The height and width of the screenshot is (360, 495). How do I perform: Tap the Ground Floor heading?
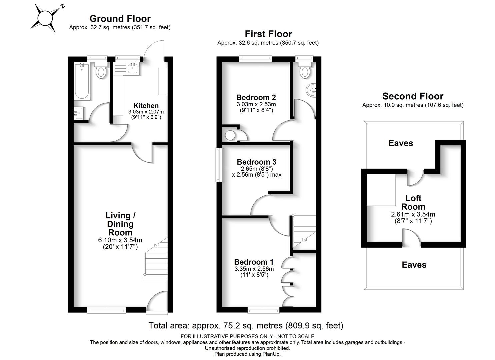[x=120, y=19]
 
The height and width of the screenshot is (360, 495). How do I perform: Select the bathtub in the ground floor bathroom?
[x=82, y=81]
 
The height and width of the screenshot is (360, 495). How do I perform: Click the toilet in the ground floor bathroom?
[x=101, y=70]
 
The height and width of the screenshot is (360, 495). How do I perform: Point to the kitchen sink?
[x=133, y=68]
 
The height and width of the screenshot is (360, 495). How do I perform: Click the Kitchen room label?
[x=146, y=106]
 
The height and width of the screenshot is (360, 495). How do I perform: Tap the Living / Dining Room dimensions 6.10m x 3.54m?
[x=120, y=240]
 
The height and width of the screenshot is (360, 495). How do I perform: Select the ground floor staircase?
[x=156, y=259]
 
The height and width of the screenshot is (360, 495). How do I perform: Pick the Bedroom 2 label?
[x=256, y=97]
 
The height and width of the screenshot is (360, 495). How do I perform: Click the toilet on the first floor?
[x=305, y=70]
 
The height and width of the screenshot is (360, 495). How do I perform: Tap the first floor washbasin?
[x=311, y=90]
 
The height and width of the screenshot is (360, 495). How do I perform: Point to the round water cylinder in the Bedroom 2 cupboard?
[x=230, y=135]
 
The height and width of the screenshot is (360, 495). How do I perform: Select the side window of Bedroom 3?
[x=219, y=165]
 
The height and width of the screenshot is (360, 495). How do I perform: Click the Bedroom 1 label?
[x=254, y=262]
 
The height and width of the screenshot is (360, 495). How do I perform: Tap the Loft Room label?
[x=413, y=202]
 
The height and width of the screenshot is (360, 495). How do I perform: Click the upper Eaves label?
[x=401, y=143]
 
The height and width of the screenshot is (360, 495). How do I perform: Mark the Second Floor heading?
[x=413, y=96]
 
